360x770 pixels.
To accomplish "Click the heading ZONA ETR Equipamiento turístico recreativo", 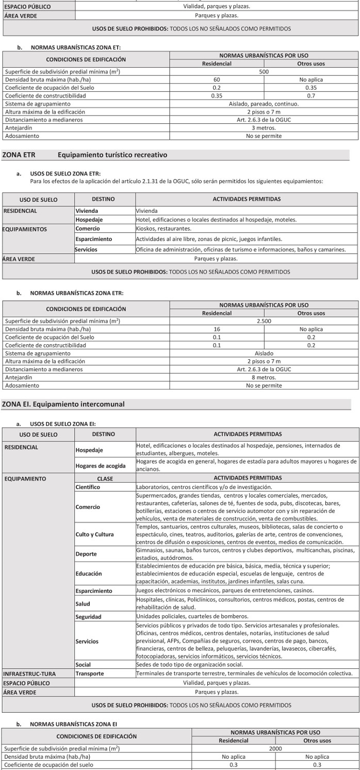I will pyautogui.click(x=85, y=155).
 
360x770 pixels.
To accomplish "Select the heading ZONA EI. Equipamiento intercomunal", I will pyautogui.click(x=63, y=404).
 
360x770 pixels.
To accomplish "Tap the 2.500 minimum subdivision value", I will pyautogui.click(x=264, y=321).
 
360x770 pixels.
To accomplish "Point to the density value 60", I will pyautogui.click(x=217, y=80).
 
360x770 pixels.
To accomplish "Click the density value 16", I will pyautogui.click(x=217, y=329).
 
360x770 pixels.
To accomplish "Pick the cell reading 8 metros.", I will pyautogui.click(x=264, y=377).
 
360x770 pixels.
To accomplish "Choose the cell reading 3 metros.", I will pyautogui.click(x=264, y=128).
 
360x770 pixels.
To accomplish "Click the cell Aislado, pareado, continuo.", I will pyautogui.click(x=264, y=104).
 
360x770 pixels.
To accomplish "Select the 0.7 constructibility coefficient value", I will pyautogui.click(x=311, y=96).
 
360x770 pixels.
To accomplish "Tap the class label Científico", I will pyautogui.click(x=88, y=487).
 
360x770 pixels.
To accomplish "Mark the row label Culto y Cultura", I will pyautogui.click(x=95, y=534).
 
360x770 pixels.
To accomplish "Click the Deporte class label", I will pyautogui.click(x=86, y=554).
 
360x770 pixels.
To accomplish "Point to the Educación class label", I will pyautogui.click(x=89, y=573).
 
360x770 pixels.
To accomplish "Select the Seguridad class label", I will pyautogui.click(x=89, y=617).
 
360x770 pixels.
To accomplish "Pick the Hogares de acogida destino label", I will pyautogui.click(x=101, y=466).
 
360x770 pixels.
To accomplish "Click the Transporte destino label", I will pyautogui.click(x=90, y=673).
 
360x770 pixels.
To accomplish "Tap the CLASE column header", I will pyautogui.click(x=105, y=478).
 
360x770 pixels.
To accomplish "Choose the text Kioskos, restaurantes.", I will pyautogui.click(x=163, y=228).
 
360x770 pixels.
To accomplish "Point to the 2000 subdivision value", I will pyautogui.click(x=275, y=748).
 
